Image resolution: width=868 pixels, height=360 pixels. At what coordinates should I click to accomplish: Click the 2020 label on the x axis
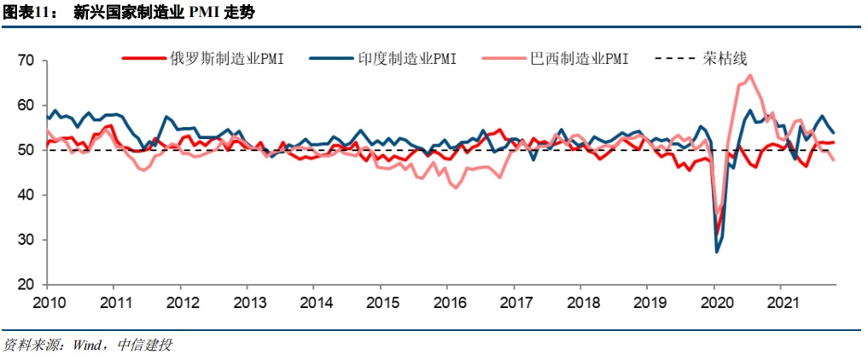[715, 303]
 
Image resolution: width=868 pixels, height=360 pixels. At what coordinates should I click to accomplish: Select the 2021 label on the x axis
[782, 303]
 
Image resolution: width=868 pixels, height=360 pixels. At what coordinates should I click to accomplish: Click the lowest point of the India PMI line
[717, 252]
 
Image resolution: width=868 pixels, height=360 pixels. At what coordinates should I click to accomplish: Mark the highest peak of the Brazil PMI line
[749, 75]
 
